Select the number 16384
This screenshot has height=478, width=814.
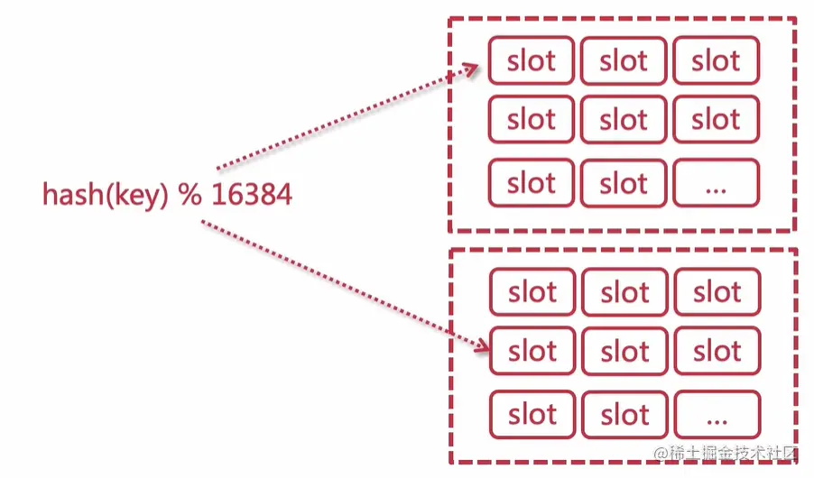click(252, 195)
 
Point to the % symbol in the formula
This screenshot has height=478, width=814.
click(190, 195)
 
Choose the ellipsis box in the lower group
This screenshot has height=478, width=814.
click(717, 416)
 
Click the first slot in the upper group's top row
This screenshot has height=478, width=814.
click(532, 61)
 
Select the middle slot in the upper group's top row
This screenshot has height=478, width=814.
click(624, 61)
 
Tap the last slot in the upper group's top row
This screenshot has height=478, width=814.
click(717, 61)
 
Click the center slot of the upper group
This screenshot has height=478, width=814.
click(624, 119)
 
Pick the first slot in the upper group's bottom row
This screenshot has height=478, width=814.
click(532, 184)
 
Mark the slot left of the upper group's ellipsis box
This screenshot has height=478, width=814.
click(624, 184)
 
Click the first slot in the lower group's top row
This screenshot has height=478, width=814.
click(532, 293)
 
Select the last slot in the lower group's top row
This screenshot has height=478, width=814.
click(717, 293)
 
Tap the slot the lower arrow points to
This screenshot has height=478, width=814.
click(532, 351)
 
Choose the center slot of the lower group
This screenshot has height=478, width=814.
click(624, 351)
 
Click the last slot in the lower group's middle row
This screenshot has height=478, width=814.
click(717, 351)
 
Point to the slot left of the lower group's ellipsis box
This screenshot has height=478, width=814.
click(624, 416)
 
